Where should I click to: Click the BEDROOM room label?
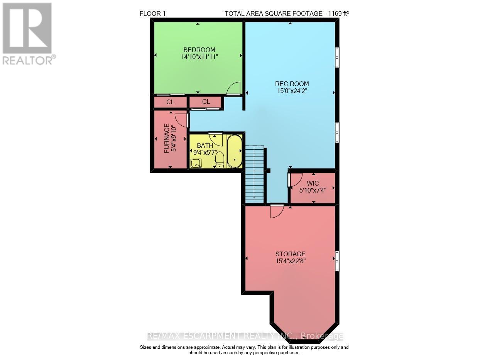click(x=199, y=50)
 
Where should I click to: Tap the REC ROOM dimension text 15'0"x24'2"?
click(x=292, y=91)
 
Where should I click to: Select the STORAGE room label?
click(x=290, y=254)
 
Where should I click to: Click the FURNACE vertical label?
click(x=166, y=138)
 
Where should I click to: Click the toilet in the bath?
click(x=220, y=159)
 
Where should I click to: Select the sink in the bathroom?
click(x=196, y=164)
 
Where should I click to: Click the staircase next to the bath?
click(x=255, y=174)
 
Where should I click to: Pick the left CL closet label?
click(x=170, y=102)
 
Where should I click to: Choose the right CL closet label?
click(x=206, y=102)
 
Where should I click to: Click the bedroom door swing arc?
click(x=234, y=89)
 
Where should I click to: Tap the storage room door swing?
click(x=277, y=211)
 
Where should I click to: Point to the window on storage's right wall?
click(x=337, y=260)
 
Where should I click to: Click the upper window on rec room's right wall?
click(x=337, y=57)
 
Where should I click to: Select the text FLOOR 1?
click(x=152, y=14)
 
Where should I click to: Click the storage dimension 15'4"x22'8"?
click(x=290, y=261)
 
